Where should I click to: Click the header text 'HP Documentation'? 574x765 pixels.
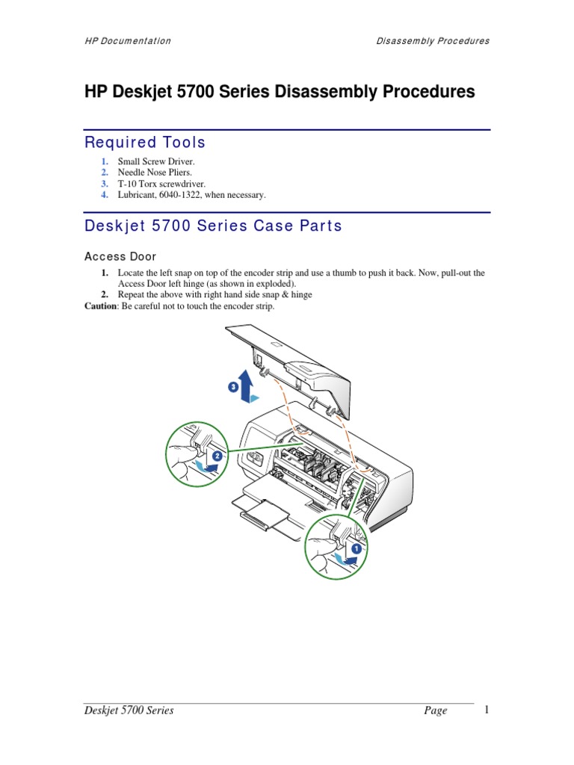point(127,41)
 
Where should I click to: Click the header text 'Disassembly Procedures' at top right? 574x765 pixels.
point(433,41)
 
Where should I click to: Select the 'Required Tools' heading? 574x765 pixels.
point(145,142)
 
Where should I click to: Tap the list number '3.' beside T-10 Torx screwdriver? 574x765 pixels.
point(105,184)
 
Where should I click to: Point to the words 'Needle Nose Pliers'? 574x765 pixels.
point(149,173)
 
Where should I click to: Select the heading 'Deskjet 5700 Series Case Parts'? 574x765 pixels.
point(213,226)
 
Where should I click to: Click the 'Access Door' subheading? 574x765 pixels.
point(120,256)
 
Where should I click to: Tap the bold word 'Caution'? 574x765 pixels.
point(100,306)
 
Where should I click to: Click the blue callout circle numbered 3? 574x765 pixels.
point(233,387)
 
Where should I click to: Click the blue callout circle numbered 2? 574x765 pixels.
point(217,455)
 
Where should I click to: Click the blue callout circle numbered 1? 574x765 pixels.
point(357,548)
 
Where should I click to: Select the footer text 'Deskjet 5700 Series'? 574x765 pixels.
point(129,710)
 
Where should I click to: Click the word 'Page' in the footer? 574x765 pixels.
point(435,710)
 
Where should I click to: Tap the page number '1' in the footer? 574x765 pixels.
point(486,710)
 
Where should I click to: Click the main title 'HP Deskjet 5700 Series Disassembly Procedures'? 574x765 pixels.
point(280,92)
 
